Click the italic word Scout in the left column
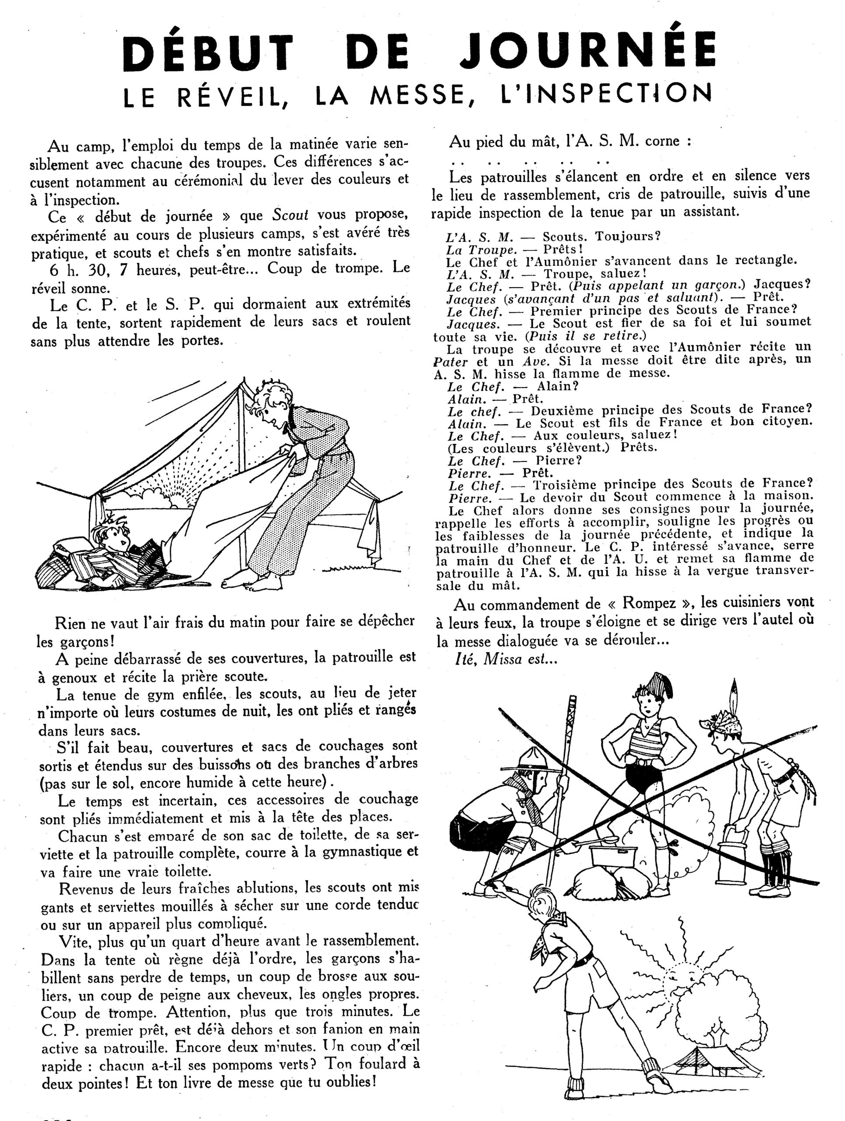tap(290, 215)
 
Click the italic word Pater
tap(451, 362)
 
